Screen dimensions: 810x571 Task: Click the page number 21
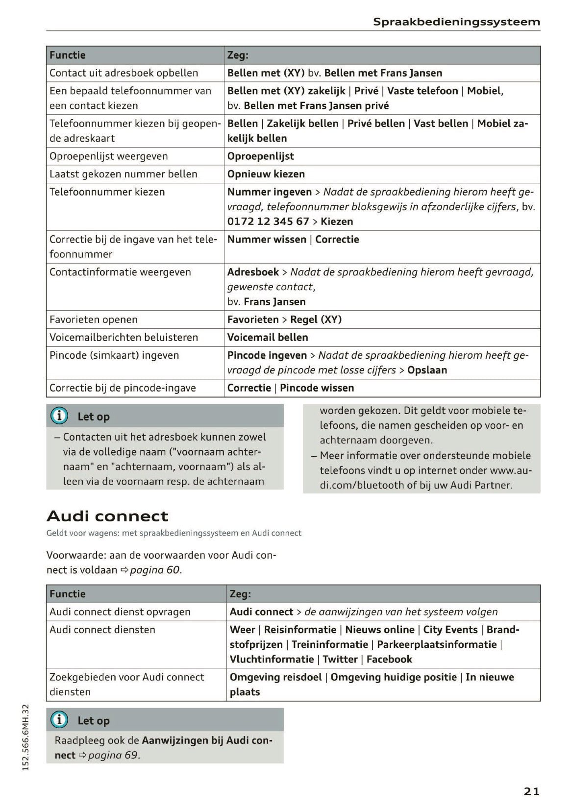[531, 791]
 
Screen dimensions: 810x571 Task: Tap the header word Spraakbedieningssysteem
[456, 22]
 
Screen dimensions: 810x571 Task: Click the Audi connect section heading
[107, 516]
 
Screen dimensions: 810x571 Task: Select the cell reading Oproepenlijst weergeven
[109, 156]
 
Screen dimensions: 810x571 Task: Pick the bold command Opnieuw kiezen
[266, 174]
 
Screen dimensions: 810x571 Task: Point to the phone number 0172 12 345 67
[268, 221]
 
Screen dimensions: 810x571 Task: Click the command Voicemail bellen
[268, 337]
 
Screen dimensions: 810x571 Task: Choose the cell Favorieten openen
[94, 319]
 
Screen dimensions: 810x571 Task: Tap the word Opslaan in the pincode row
[427, 370]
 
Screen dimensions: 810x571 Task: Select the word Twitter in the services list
[340, 659]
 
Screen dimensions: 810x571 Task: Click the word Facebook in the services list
[389, 659]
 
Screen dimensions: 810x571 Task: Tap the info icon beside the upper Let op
[59, 416]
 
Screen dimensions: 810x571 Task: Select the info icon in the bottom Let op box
[59, 720]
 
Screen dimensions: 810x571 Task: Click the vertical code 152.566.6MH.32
[26, 737]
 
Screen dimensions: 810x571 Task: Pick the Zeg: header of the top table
[238, 55]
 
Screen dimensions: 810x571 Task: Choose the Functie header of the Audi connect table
[68, 594]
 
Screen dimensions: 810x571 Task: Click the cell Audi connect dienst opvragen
[120, 612]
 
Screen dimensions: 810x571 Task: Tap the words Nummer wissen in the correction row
[267, 239]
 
